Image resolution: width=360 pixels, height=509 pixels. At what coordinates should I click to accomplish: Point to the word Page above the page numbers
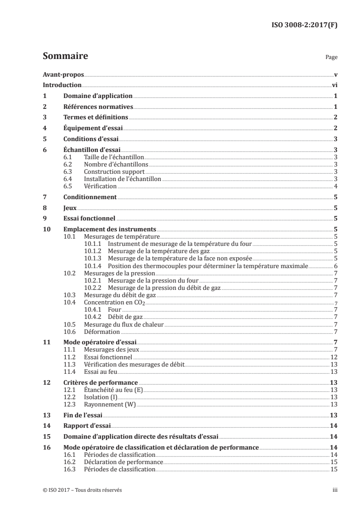[331, 58]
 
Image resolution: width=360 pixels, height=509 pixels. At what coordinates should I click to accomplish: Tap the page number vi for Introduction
[334, 85]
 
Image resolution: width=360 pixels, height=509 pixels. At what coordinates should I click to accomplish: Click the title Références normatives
[98, 107]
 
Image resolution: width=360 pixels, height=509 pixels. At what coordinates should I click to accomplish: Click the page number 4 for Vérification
[335, 186]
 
